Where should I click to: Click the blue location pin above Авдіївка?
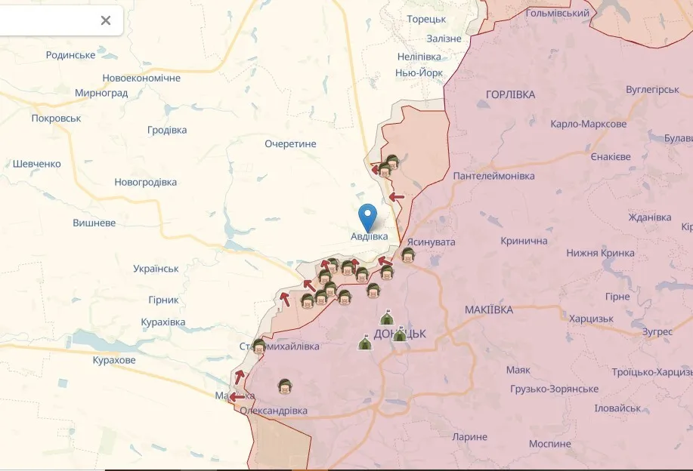pyautogui.click(x=368, y=216)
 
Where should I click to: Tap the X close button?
pyautogui.click(x=106, y=20)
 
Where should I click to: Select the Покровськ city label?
pyautogui.click(x=56, y=119)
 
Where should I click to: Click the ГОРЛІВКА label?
pyautogui.click(x=510, y=94)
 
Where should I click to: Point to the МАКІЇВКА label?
pyautogui.click(x=488, y=309)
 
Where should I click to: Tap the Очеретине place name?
pyautogui.click(x=290, y=143)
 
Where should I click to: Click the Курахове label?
pyautogui.click(x=113, y=360)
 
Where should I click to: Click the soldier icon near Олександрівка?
pyautogui.click(x=285, y=386)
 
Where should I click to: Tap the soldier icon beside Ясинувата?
pyautogui.click(x=408, y=254)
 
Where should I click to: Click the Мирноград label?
pyautogui.click(x=101, y=93)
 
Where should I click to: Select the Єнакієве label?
pyautogui.click(x=610, y=156)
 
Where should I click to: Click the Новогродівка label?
pyautogui.click(x=145, y=182)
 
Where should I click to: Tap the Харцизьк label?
pyautogui.click(x=591, y=319)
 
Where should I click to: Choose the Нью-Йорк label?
pyautogui.click(x=419, y=73)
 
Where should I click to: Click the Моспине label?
pyautogui.click(x=549, y=444)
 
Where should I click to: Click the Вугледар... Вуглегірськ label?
pyautogui.click(x=652, y=89)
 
